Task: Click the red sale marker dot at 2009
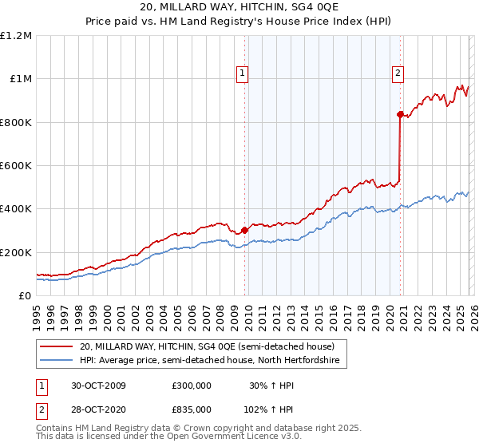tap(244, 231)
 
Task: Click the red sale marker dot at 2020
tap(400, 114)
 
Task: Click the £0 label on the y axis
tap(24, 295)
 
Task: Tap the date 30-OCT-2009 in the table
tap(98, 385)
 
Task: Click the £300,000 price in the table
tap(192, 385)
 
